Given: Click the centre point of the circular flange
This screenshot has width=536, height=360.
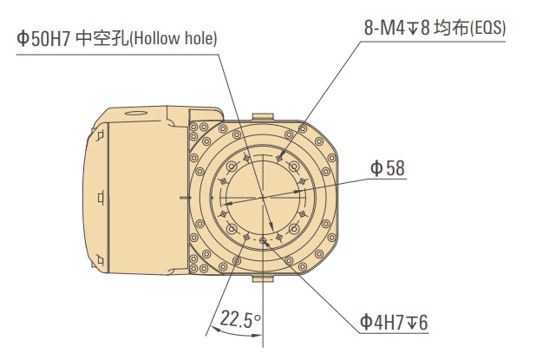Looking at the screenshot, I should point(262,198).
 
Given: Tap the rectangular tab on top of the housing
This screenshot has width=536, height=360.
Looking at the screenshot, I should point(263,115).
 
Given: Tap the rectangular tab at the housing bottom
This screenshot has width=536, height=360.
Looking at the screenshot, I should point(263,280).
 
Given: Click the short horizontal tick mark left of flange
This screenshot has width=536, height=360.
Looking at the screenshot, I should point(180,198).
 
